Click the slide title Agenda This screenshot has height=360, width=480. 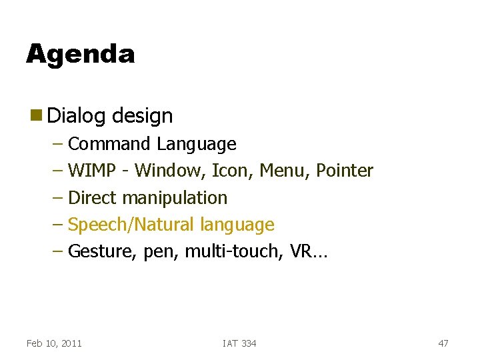point(80,54)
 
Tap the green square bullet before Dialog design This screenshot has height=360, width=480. point(34,115)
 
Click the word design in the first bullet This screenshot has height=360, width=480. point(142,116)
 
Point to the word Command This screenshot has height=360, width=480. point(110,144)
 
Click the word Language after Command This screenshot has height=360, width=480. point(197,144)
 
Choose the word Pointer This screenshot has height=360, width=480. point(345,171)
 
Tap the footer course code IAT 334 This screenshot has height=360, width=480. point(239,343)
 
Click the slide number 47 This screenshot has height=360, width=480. point(443,343)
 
